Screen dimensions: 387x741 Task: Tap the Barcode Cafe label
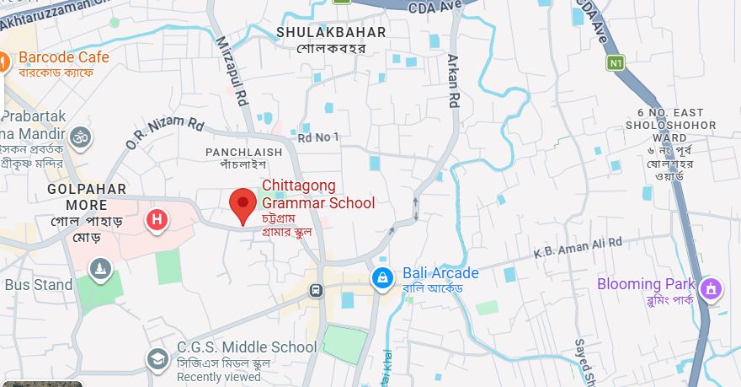pyautogui.click(x=64, y=57)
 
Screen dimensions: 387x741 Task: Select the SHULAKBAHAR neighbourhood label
pyautogui.click(x=331, y=33)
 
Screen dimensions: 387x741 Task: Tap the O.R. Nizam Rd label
pyautogui.click(x=165, y=133)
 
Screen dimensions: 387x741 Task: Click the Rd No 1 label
pyautogui.click(x=318, y=137)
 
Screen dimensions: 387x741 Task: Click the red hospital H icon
pyautogui.click(x=156, y=221)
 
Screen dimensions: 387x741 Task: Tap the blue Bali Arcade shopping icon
pyautogui.click(x=382, y=277)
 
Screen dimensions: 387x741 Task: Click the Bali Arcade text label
pyautogui.click(x=440, y=273)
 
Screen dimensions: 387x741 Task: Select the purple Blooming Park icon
pyautogui.click(x=712, y=288)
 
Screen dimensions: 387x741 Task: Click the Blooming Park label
pyautogui.click(x=646, y=284)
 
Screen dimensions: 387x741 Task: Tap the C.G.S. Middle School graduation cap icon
pyautogui.click(x=157, y=358)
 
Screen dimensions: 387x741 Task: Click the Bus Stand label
pyautogui.click(x=39, y=285)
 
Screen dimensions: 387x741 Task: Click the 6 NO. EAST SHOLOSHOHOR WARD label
pyautogui.click(x=677, y=125)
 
